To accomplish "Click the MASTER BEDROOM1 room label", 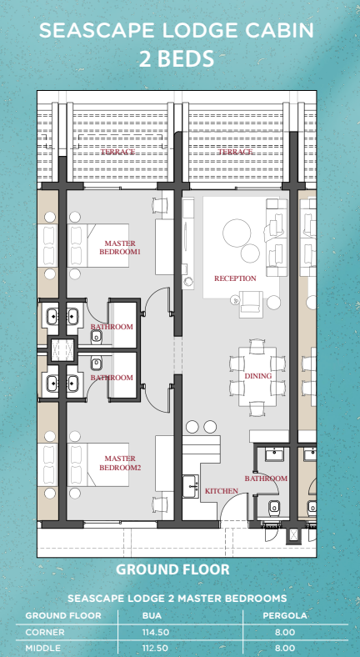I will pos(120,246).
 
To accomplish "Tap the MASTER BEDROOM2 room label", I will pos(120,463).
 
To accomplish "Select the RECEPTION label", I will pos(235,278).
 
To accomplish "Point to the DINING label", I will pos(257,376).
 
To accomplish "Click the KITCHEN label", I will pos(221,492).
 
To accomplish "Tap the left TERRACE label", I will pos(117,153).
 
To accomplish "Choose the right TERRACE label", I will pos(235,153).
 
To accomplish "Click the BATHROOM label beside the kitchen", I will pos(266,479).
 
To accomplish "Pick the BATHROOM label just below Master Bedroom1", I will pos(112,327).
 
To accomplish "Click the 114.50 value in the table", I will pos(156,632).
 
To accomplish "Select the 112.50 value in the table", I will pos(156,647).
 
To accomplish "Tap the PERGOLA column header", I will pos(286,616).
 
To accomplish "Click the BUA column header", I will pos(152,616).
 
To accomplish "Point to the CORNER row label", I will pos(45,632).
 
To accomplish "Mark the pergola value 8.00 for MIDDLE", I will pos(285,647).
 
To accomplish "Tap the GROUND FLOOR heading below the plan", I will pos(172,570).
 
